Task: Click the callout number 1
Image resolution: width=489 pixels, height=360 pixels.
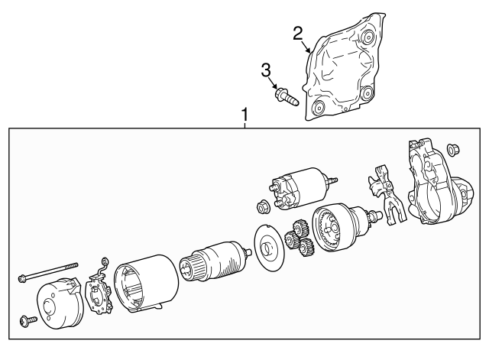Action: [x=244, y=116]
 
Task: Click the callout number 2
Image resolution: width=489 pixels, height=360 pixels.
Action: [x=298, y=33]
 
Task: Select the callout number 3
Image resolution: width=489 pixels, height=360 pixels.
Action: [x=266, y=71]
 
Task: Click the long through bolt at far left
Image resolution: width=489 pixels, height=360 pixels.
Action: [x=48, y=271]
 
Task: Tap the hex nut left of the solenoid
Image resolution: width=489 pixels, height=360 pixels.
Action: [x=262, y=206]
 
